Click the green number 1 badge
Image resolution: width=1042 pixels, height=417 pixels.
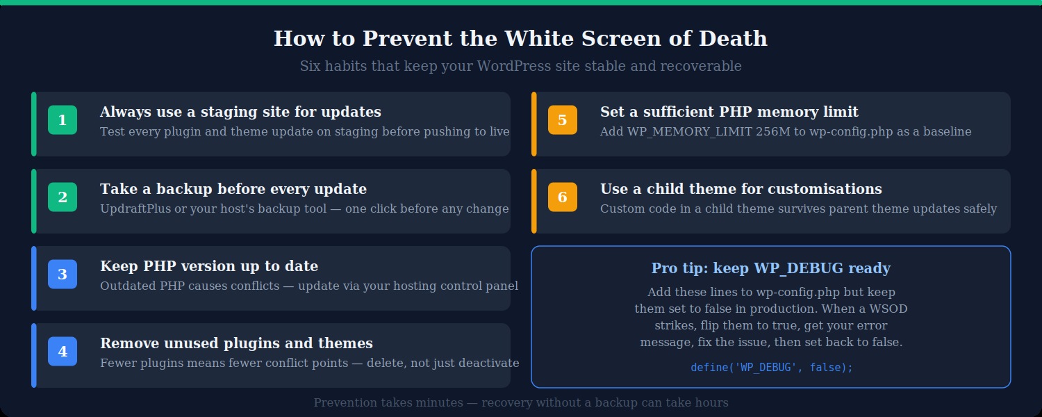63,120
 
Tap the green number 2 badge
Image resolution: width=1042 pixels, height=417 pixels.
63,197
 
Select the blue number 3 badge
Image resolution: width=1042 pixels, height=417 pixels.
63,275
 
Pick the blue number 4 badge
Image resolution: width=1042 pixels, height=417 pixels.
63,352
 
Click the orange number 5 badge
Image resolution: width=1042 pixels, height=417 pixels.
563,120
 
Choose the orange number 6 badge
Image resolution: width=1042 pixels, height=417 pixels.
563,197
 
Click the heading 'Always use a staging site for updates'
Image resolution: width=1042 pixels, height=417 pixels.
240,112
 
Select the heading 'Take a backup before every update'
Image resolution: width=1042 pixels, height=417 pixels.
233,189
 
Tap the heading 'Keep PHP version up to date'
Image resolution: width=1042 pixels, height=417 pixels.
209,266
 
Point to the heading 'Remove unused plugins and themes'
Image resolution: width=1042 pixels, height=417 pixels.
236,343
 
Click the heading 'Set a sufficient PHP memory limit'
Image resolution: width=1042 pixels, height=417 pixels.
729,112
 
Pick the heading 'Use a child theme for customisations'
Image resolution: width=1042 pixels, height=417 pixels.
741,189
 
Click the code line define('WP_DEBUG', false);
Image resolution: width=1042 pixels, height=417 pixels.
771,368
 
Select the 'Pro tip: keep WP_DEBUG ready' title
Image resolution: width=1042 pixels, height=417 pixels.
771,268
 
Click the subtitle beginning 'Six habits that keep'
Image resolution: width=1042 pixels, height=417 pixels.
521,66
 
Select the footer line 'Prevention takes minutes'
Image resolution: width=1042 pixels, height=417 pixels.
521,402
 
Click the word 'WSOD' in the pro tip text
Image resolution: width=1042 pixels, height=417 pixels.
889,309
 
